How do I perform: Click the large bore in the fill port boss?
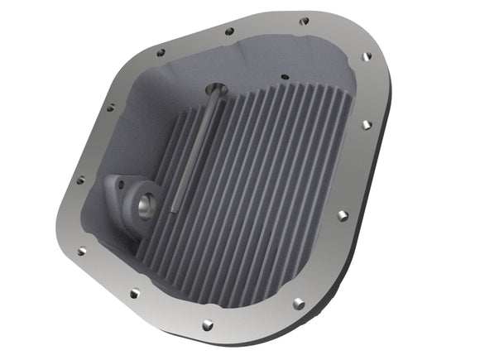pyautogui.click(x=149, y=199)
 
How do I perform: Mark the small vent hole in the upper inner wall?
pyautogui.click(x=284, y=77)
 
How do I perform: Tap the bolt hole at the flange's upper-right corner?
pyautogui.click(x=366, y=58)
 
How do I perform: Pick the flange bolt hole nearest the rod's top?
pyautogui.click(x=229, y=31)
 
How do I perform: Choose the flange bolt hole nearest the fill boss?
pyautogui.click(x=80, y=180)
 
